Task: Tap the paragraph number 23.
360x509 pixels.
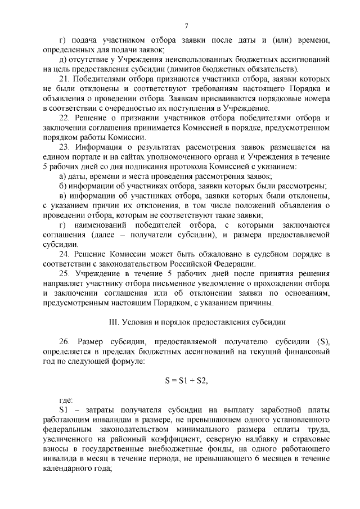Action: click(64, 147)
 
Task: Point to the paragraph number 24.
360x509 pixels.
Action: click(64, 254)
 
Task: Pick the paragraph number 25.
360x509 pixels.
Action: click(64, 273)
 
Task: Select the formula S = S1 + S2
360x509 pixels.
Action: click(187, 380)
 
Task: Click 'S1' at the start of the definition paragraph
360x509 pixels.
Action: click(64, 411)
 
